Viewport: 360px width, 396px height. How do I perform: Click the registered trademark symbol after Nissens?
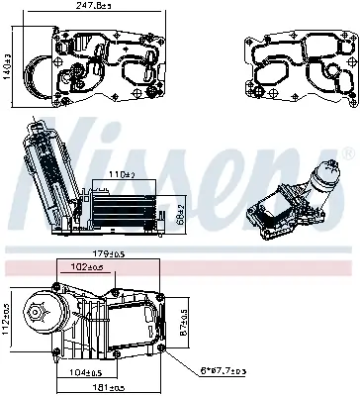point(346,152)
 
